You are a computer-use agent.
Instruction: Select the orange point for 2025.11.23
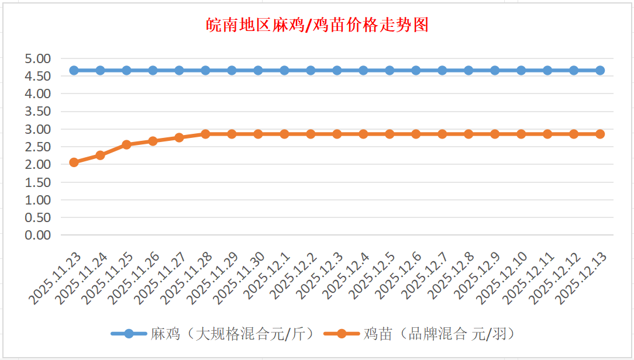pyautogui.click(x=74, y=162)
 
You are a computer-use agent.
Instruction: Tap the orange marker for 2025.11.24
pyautogui.click(x=100, y=155)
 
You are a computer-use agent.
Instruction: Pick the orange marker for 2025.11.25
pyautogui.click(x=126, y=144)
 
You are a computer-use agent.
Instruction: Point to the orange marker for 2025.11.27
pyautogui.click(x=179, y=137)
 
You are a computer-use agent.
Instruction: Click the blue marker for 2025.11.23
pyautogui.click(x=74, y=70)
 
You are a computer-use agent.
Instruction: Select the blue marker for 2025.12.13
pyautogui.click(x=600, y=70)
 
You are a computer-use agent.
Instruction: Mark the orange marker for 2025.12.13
pyautogui.click(x=600, y=134)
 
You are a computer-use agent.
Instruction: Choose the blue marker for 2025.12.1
pyautogui.click(x=284, y=70)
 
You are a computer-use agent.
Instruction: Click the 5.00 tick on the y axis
pyautogui.click(x=38, y=58)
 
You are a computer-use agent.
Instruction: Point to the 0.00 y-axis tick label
pyautogui.click(x=38, y=235)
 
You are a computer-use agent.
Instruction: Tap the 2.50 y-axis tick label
pyautogui.click(x=38, y=147)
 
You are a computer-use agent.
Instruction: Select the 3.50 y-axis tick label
pyautogui.click(x=38, y=112)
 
